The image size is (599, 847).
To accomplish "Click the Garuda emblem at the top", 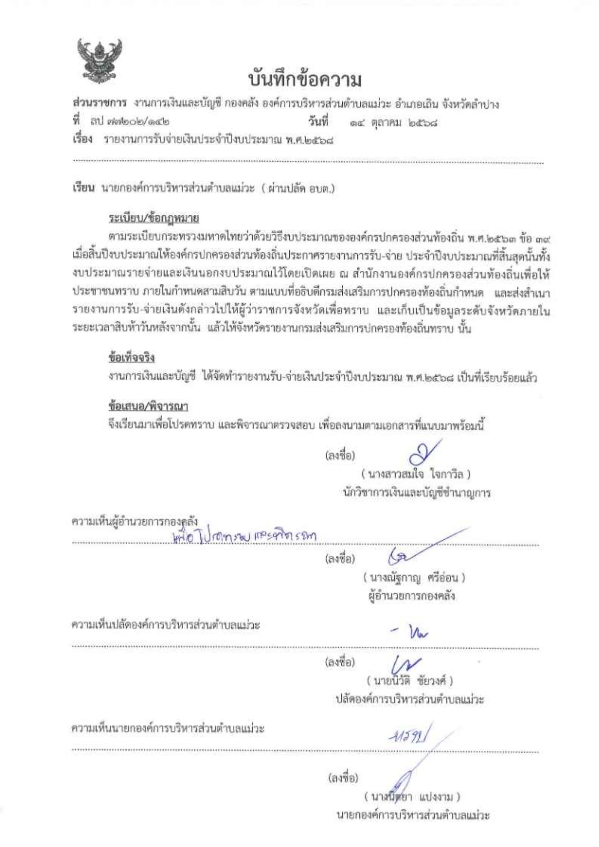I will tap(100, 61).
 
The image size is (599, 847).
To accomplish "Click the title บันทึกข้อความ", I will tap(305, 80).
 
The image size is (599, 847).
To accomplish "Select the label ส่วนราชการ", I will tap(99, 104).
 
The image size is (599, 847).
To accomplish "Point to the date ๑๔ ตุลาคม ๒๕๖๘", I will tap(393, 122).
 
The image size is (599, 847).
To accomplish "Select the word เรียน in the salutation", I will tap(84, 189).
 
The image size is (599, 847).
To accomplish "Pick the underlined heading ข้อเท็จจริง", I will tap(131, 358).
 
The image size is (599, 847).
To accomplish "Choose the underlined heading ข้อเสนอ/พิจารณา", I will tap(148, 406).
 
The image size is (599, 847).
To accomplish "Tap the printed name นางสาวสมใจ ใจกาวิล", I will tap(416, 474).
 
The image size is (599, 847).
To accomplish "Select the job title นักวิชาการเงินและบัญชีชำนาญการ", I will tap(416, 493).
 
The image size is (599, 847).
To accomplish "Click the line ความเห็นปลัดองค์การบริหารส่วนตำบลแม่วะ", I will tap(166, 625).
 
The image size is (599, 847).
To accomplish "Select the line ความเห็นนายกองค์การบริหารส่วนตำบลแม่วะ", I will tap(168, 729).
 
